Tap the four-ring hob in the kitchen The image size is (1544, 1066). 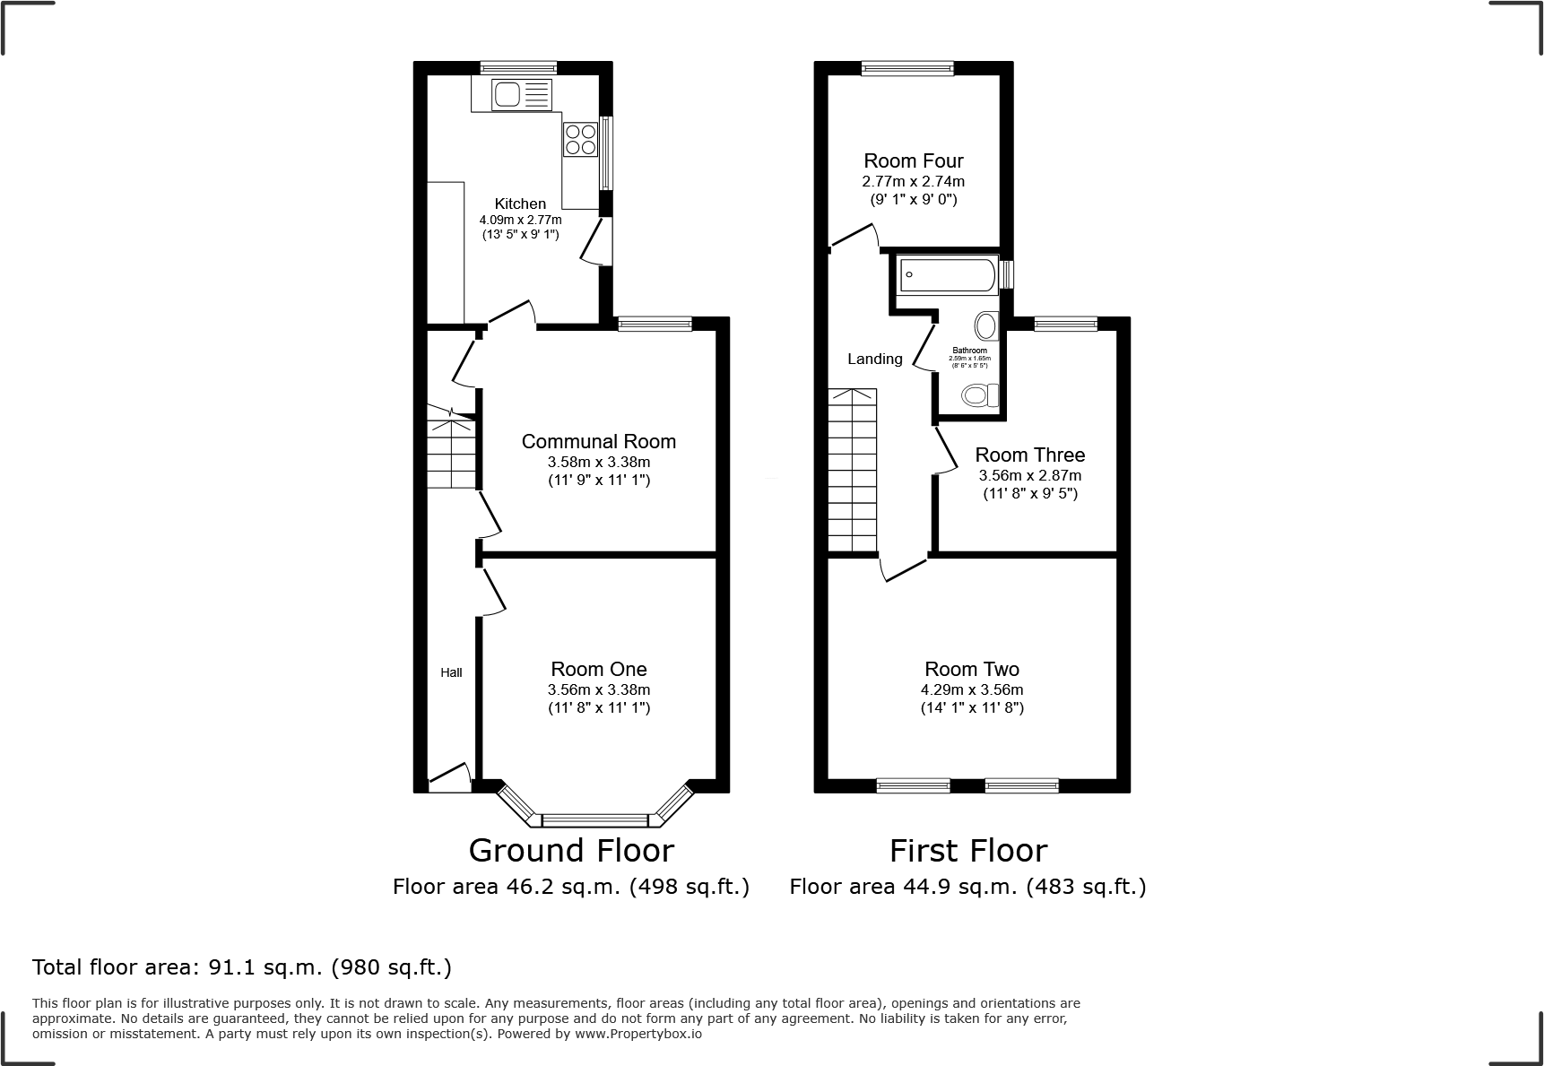(x=580, y=140)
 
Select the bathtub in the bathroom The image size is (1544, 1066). (x=948, y=275)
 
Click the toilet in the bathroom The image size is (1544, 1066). (x=979, y=394)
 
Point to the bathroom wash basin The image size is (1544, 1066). (x=986, y=325)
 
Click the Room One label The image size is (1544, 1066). (x=598, y=669)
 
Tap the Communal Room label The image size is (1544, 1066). (x=598, y=441)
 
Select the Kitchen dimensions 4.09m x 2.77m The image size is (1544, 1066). (x=520, y=220)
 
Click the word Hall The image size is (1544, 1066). (x=451, y=672)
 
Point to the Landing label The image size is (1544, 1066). (x=875, y=359)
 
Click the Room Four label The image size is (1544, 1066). (x=913, y=160)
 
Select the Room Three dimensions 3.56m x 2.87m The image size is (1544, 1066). (x=1029, y=476)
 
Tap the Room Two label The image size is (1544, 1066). (x=972, y=669)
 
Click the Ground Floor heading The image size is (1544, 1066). (x=571, y=850)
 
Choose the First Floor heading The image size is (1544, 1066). (x=967, y=850)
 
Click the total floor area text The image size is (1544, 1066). (x=242, y=967)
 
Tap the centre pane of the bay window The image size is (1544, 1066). (x=595, y=819)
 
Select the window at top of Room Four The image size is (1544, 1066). (x=907, y=67)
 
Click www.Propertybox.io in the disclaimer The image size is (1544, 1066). (x=638, y=1034)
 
